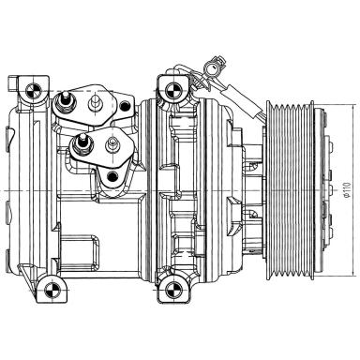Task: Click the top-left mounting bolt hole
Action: tap(35, 91)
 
